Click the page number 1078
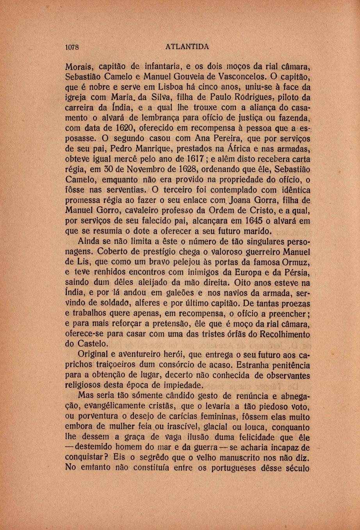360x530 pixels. coord(72,47)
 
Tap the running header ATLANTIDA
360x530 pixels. coord(187,47)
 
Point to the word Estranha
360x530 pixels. coord(267,365)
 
